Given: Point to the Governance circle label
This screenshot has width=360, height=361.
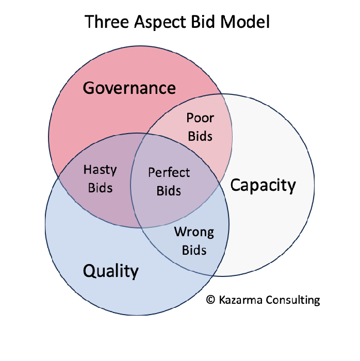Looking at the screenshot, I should point(129,88).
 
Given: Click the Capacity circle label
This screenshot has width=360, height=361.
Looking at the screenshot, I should point(263,186).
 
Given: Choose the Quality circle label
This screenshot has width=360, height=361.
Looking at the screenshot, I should point(111,270).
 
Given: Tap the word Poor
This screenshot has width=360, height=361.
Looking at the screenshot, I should point(200,118).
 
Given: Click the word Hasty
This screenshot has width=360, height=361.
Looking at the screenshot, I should point(100,170).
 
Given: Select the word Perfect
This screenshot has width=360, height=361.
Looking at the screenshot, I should point(169,172).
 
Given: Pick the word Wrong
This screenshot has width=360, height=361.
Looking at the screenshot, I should point(194,232).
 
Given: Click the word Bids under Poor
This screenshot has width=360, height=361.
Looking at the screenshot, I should point(200,136).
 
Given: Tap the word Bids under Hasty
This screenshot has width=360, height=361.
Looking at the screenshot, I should point(100,187).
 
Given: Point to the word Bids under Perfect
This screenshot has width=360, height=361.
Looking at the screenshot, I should point(169,190).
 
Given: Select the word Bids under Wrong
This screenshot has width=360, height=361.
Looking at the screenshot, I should point(194,250).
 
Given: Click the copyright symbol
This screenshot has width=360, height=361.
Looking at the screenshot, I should point(210,300).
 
